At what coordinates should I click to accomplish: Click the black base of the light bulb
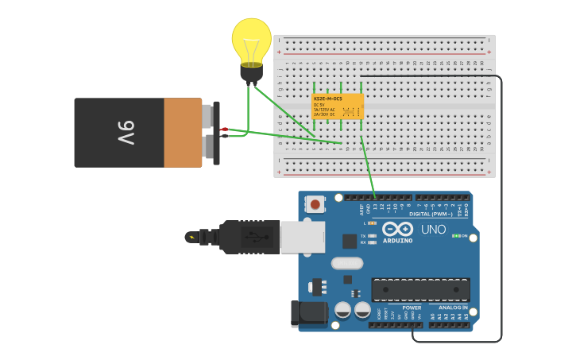(x=251, y=73)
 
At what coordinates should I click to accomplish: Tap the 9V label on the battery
(x=126, y=133)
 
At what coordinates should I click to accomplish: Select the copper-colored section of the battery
(x=183, y=133)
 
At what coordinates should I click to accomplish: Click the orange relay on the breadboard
(x=337, y=106)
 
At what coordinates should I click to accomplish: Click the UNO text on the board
(x=433, y=230)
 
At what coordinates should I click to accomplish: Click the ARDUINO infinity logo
(x=397, y=229)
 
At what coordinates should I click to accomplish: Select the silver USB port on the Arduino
(x=303, y=237)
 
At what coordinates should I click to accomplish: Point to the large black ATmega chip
(x=420, y=289)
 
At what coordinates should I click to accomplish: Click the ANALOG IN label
(x=453, y=308)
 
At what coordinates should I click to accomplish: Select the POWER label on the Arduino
(x=412, y=308)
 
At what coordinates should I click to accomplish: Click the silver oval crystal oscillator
(x=346, y=263)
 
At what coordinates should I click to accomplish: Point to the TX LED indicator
(x=372, y=236)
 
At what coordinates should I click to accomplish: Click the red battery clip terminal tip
(x=225, y=129)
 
